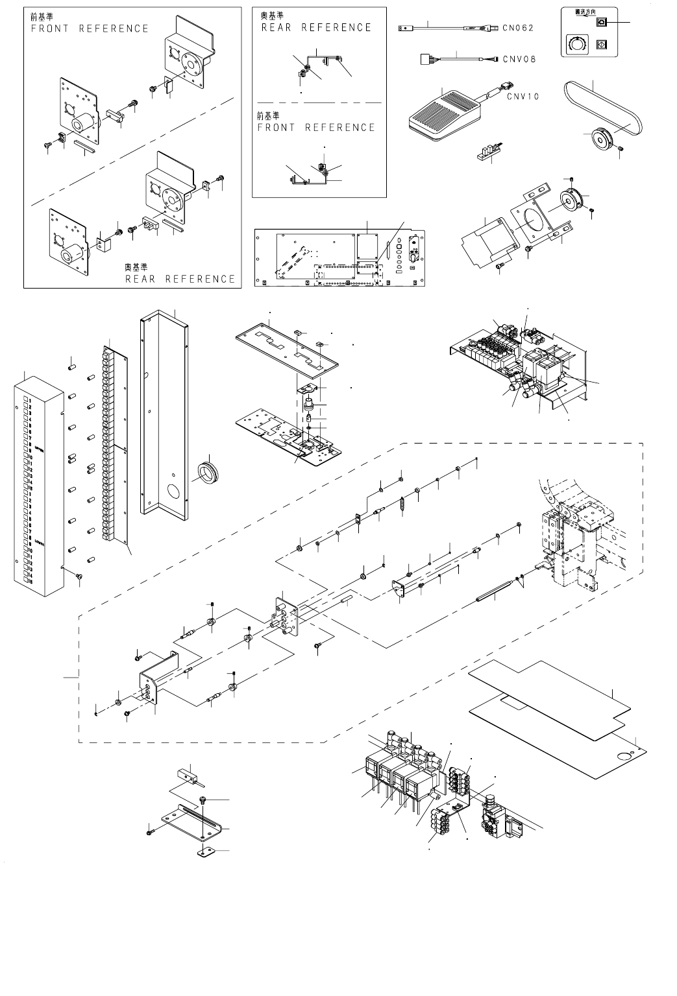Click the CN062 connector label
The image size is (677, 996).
click(519, 28)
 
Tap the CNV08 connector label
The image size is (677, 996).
click(519, 59)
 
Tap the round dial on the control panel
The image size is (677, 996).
click(574, 45)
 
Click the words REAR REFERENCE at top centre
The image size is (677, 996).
click(316, 28)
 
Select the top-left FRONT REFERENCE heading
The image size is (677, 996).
click(90, 29)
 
